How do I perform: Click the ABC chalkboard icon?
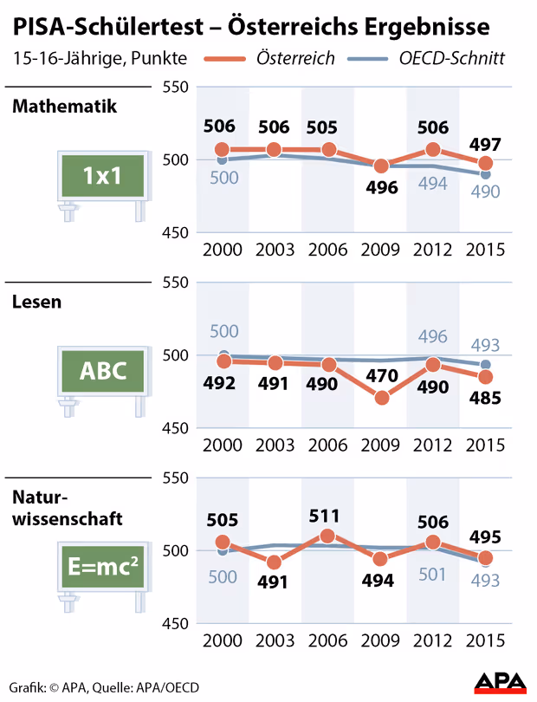coord(100,372)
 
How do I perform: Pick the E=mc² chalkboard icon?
coord(100,568)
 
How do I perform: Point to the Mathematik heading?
coord(65,107)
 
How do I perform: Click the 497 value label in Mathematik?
coord(486,142)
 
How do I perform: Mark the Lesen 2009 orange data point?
coord(382,398)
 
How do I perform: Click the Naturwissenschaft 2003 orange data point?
coord(275,562)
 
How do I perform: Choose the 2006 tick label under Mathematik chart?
coord(327,249)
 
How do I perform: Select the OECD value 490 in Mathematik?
coord(486,192)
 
